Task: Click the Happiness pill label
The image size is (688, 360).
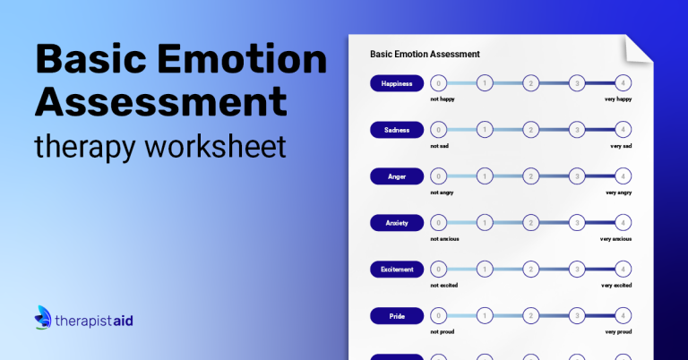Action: tap(397, 83)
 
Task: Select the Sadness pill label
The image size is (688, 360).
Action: tap(397, 130)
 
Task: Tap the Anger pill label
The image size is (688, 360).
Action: tap(397, 176)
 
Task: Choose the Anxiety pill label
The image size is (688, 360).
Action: tap(397, 223)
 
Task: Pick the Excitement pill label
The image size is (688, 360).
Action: tap(397, 270)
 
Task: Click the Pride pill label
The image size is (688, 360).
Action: tap(397, 316)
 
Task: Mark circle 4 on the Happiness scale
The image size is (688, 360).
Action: tap(623, 83)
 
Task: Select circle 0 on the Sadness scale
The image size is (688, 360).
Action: tap(438, 129)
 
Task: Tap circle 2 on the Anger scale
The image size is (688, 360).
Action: tap(531, 176)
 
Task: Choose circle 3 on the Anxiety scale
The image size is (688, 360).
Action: tap(577, 223)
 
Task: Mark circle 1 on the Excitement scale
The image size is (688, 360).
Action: tap(485, 270)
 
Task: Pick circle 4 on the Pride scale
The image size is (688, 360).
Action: tap(623, 316)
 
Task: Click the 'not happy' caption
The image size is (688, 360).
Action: tap(443, 99)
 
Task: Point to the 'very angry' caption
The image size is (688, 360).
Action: tap(618, 193)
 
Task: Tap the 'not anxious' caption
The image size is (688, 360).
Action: tap(444, 239)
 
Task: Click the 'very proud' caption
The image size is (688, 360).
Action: tap(618, 332)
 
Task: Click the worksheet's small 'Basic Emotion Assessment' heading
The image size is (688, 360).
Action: tap(425, 54)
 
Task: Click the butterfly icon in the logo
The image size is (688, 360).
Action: tap(43, 317)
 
